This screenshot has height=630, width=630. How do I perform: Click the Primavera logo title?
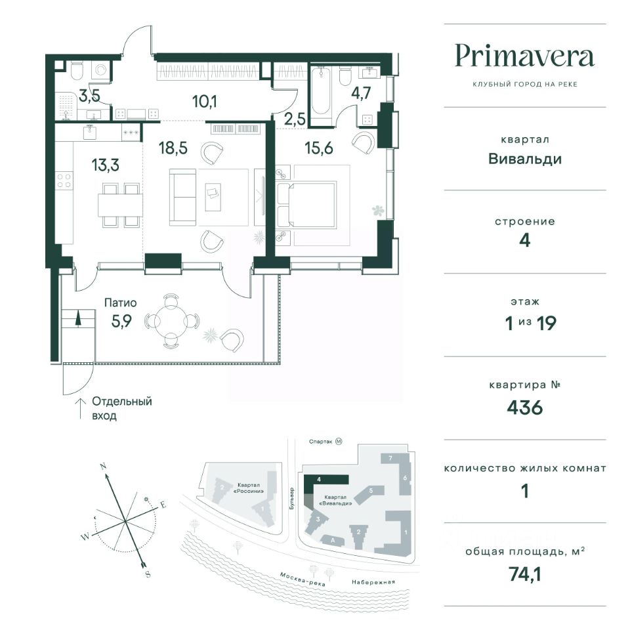[525, 56]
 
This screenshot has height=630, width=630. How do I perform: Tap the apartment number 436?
[525, 408]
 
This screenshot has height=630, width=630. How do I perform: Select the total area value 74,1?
[525, 574]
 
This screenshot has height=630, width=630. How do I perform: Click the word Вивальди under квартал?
[525, 159]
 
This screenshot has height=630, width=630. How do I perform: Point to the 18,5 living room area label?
[173, 148]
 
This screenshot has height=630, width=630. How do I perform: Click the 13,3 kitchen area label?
[105, 165]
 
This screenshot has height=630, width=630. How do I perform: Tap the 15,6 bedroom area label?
[319, 148]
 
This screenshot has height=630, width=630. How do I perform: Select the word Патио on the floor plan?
[121, 303]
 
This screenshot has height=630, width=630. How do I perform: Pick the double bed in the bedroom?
[307, 205]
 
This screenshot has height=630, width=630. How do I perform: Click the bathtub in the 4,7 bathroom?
[321, 91]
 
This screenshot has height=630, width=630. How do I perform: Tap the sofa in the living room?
[183, 198]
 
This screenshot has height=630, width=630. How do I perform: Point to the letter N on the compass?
[103, 467]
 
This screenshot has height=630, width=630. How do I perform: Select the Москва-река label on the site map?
[303, 579]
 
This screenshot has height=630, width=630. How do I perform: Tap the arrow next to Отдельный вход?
[81, 408]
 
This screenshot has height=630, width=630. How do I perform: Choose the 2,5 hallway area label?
[295, 119]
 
